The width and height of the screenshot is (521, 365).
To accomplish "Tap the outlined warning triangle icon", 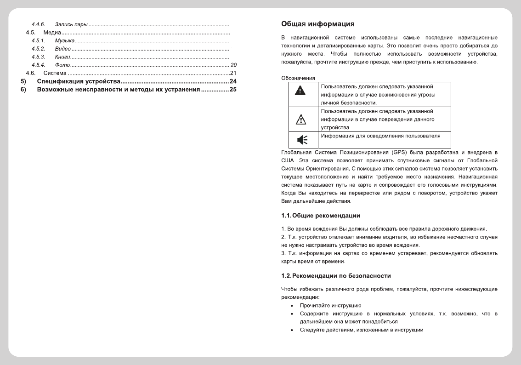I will [x=299, y=120].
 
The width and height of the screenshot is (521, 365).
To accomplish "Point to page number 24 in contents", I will [x=233, y=81].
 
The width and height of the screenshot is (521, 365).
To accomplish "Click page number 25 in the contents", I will [x=233, y=89].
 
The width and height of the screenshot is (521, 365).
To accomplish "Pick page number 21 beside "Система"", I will [x=233, y=73].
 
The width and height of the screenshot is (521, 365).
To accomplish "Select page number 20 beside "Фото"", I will [x=233, y=65].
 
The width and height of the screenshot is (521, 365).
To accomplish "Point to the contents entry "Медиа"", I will [x=52, y=33].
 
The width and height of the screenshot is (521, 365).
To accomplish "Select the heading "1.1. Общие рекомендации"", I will [x=320, y=216].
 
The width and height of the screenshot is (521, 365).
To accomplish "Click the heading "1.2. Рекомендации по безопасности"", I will [x=336, y=276].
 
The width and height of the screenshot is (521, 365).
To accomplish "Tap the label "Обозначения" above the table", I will [x=298, y=78].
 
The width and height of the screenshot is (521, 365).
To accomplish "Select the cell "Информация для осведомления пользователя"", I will [x=380, y=136].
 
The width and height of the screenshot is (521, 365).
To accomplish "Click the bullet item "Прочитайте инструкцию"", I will [x=331, y=305].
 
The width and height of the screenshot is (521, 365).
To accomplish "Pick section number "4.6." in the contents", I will [x=31, y=73].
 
